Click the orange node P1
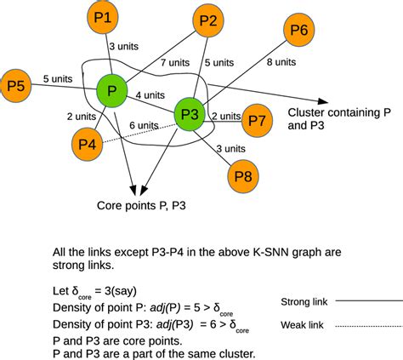tap(106, 16)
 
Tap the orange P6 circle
tap(298, 31)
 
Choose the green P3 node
tap(191, 115)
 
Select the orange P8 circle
tap(241, 176)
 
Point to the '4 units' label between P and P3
tap(150, 94)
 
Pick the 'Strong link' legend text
tap(303, 300)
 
